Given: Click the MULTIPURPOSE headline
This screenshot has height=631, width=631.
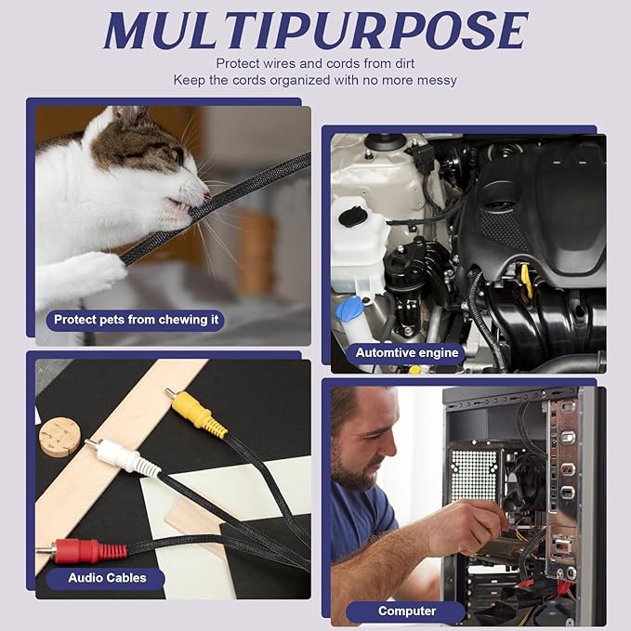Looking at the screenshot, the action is [x=316, y=30].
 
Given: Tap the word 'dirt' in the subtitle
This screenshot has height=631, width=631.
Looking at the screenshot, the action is [x=404, y=63].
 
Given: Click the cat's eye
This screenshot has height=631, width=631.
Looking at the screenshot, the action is [x=177, y=155].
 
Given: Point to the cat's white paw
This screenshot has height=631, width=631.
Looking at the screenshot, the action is [x=86, y=273].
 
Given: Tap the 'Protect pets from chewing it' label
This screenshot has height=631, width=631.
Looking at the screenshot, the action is [x=136, y=320].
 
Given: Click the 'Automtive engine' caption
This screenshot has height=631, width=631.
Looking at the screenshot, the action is [x=407, y=353].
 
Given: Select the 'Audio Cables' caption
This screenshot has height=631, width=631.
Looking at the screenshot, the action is [x=107, y=578].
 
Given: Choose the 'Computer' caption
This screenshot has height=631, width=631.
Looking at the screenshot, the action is [x=407, y=611].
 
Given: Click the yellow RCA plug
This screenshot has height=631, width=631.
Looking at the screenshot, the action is [x=197, y=414].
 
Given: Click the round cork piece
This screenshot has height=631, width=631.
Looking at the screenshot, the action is [x=59, y=437].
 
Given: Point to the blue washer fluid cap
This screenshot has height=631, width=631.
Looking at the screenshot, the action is [x=350, y=308].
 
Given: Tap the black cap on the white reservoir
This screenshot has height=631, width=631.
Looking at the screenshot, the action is [x=353, y=217].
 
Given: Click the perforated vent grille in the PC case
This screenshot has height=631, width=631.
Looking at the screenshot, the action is [x=474, y=474].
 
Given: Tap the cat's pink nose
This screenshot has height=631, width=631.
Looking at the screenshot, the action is [x=206, y=196].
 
